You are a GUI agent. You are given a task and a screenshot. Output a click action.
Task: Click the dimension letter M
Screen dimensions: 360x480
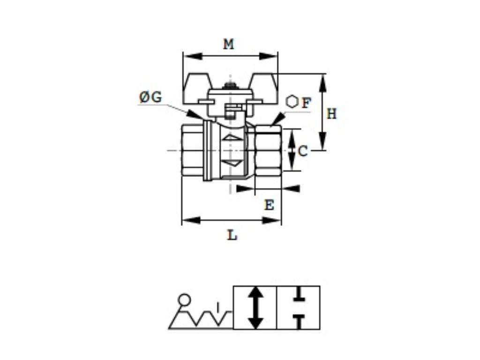point(228,45)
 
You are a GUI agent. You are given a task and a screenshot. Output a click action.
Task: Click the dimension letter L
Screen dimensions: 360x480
point(232,235)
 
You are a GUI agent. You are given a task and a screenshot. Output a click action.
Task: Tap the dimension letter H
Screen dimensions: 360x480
point(331,113)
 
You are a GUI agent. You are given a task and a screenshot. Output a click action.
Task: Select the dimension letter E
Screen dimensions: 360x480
point(269,205)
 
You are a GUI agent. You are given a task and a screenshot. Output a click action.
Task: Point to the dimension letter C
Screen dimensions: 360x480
point(303,151)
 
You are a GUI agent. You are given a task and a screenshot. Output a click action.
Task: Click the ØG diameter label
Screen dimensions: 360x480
point(150,97)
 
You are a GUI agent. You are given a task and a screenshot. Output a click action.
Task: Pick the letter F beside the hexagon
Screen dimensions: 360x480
point(306,103)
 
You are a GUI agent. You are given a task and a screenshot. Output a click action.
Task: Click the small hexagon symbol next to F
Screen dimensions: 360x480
point(292,101)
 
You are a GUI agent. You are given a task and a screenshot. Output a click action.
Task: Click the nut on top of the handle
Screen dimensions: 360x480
point(230,86)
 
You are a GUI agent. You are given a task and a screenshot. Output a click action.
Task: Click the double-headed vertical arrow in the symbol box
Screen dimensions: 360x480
point(255,307)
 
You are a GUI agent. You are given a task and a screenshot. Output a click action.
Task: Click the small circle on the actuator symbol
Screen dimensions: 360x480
point(185,299)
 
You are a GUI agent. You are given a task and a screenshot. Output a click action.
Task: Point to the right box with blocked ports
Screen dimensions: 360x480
point(298,307)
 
